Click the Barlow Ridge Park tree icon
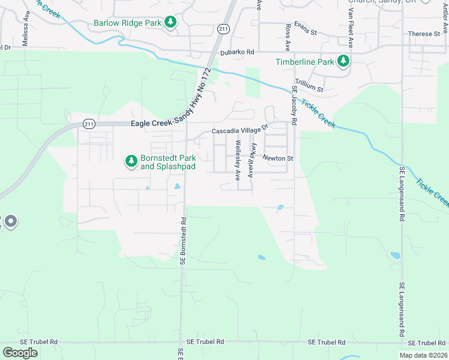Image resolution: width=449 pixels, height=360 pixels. coord(171,23)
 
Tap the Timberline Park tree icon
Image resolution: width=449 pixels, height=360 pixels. coord(343,61)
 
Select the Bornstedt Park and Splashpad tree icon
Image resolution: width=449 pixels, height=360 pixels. coord(131,161)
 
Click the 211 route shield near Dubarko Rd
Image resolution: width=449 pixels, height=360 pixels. coord(223,29)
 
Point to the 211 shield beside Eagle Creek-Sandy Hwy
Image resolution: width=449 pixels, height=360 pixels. coord(89,124)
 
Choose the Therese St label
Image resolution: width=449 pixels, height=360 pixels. coord(424,34)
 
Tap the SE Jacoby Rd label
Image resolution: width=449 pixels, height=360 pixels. coord(294,105)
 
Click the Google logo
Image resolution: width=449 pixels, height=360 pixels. coord(20,353)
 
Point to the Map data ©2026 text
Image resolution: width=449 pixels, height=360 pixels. coord(421,355)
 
